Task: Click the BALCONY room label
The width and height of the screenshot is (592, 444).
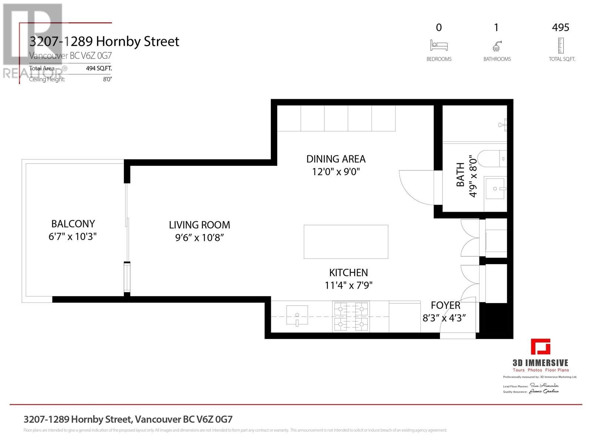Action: click(x=73, y=224)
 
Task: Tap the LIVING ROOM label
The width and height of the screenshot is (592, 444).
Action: click(x=199, y=225)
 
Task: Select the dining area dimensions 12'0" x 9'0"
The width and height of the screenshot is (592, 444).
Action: click(x=336, y=172)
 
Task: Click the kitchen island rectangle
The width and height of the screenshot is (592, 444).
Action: click(x=346, y=242)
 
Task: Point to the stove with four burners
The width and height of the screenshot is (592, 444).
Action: click(x=351, y=317)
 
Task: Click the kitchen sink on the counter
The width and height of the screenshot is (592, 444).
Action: click(x=297, y=316)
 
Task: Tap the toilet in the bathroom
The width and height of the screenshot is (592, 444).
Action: click(x=490, y=159)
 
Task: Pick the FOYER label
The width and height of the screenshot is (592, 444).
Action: click(x=445, y=305)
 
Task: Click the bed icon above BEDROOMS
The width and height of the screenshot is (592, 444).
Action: click(x=439, y=46)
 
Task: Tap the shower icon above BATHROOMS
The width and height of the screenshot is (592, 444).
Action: click(x=497, y=46)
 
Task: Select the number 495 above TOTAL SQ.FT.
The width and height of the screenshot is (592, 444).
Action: click(x=561, y=27)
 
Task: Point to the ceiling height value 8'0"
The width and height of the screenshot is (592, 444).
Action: click(x=107, y=79)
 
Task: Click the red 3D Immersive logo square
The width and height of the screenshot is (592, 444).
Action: click(x=541, y=347)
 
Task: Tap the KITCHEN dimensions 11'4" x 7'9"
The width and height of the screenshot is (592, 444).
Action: click(x=349, y=285)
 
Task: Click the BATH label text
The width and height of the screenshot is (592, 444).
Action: click(x=460, y=174)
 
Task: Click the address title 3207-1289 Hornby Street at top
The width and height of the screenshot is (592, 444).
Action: click(x=104, y=41)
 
